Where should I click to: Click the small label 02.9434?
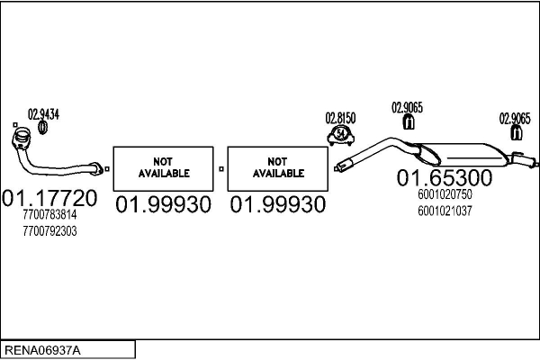tap(42, 114)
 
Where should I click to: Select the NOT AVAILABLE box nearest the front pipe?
tap(163, 166)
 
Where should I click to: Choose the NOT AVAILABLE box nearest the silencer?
tap(278, 166)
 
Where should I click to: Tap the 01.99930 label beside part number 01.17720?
tap(163, 205)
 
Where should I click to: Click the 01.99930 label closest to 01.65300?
tap(278, 205)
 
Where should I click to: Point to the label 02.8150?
tap(341, 118)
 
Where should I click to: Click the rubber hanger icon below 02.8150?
tap(340, 135)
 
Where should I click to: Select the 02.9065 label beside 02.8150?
tap(407, 108)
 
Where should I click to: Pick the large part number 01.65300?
tap(444, 178)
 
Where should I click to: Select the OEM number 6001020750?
tap(445, 194)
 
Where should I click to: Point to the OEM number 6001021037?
tap(445, 211)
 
